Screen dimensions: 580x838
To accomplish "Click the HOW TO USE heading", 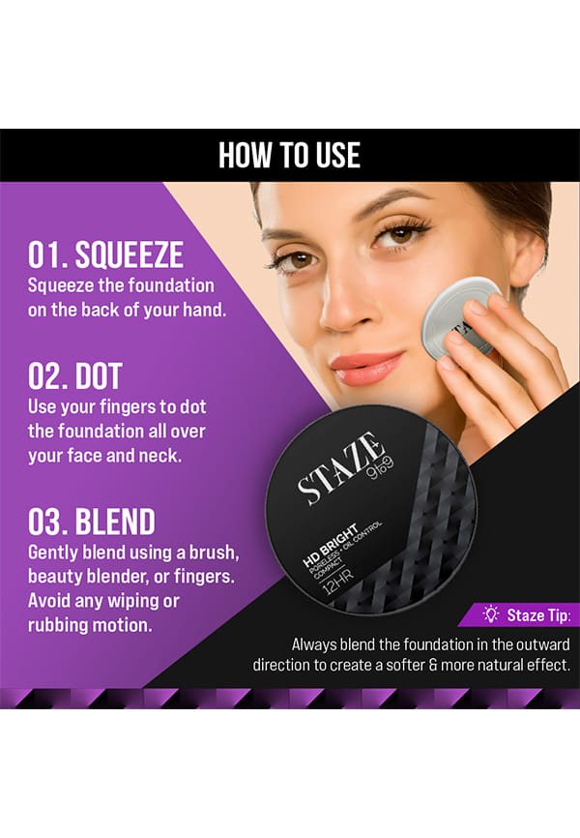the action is (289, 156).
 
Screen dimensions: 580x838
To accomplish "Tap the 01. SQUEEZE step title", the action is (105, 254).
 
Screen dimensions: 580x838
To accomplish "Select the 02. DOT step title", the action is (75, 376).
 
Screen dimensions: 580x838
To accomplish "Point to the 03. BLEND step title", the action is (91, 522).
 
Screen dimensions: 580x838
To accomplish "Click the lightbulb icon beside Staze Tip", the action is (491, 614).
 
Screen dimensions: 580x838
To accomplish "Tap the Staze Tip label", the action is (538, 615).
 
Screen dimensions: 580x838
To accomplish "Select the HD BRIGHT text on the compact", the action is (330, 545).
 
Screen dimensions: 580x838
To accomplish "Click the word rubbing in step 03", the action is (60, 626).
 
